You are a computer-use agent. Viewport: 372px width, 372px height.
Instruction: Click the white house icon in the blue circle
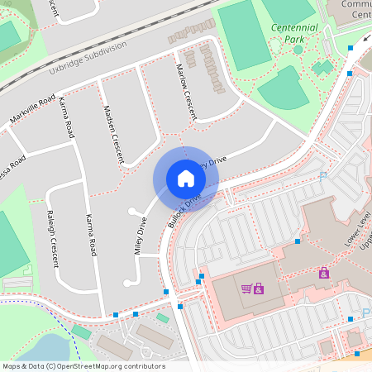[185, 179]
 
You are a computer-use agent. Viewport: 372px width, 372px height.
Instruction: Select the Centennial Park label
[293, 33]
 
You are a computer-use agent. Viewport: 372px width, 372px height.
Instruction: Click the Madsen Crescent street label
[114, 133]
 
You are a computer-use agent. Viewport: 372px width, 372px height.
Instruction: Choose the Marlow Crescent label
[186, 90]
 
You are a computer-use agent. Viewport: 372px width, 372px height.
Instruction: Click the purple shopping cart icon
[246, 288]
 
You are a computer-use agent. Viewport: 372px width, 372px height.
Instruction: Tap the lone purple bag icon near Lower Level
[323, 272]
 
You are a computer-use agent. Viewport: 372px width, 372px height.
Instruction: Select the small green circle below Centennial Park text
[298, 50]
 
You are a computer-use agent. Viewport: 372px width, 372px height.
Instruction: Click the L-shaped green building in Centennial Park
[322, 66]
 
